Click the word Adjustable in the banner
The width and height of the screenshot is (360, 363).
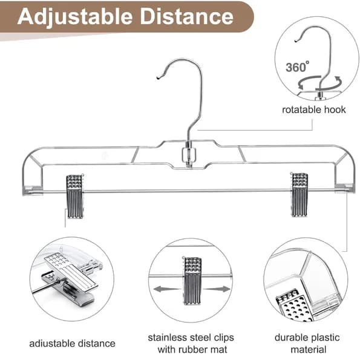pos(75,17)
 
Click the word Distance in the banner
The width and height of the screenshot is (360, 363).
pos(187,16)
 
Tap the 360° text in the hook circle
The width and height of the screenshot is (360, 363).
pos(297,67)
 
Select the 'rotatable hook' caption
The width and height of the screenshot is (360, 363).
pos(313,110)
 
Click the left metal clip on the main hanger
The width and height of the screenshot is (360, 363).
pos(75,196)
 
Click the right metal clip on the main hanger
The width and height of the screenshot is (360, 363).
pos(299,194)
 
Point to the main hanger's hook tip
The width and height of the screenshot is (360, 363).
pos(159,78)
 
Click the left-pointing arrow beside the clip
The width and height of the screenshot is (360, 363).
pos(166,289)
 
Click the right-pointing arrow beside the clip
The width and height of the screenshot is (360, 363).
pos(217,289)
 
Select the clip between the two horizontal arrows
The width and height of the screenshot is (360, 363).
pos(192,280)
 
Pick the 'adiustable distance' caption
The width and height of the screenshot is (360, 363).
pos(72,344)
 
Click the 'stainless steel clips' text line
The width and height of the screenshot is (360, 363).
pos(191,338)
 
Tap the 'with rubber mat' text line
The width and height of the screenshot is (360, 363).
pos(192,350)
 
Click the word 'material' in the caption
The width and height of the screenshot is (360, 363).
pos(309,350)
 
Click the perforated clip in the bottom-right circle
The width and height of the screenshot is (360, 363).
pos(295,306)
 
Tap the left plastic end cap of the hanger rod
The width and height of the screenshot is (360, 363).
pos(33,190)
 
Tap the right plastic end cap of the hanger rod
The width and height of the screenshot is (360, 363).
pos(344,188)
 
